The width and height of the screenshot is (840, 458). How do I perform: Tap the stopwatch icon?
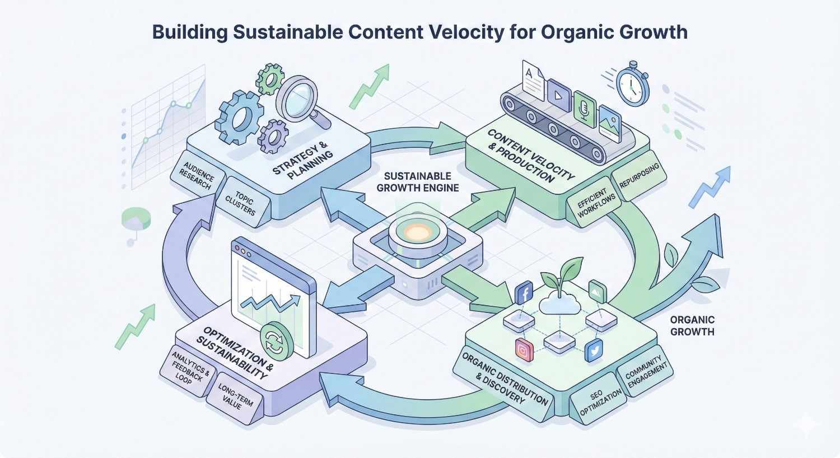pyautogui.click(x=632, y=84)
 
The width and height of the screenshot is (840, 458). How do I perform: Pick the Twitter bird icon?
pyautogui.click(x=593, y=351)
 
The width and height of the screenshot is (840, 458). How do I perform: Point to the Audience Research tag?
pyautogui.click(x=197, y=175)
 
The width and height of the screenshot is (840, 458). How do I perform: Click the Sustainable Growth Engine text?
pyautogui.click(x=417, y=182)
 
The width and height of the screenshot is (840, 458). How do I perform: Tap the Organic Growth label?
pyautogui.click(x=692, y=325)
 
